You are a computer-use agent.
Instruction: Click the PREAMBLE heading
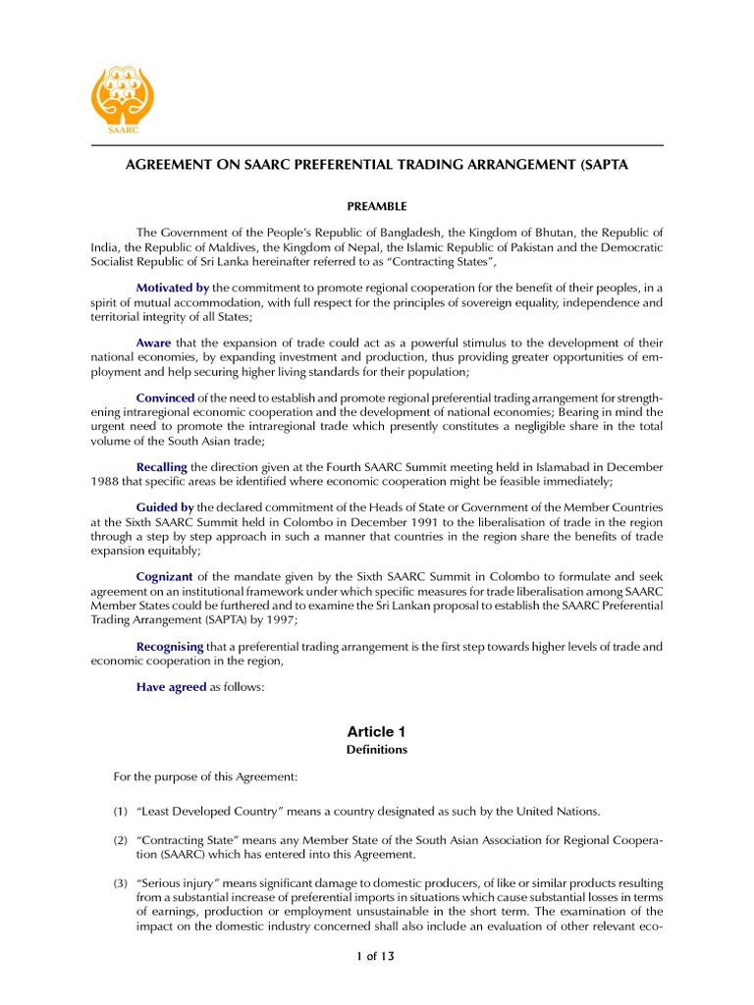[377, 207]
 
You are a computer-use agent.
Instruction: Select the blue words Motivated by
[173, 288]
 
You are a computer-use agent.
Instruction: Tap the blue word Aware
[153, 343]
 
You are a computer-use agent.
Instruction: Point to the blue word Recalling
[161, 466]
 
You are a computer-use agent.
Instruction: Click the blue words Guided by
[165, 507]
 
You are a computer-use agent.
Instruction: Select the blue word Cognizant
[164, 576]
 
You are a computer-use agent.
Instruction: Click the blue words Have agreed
[171, 687]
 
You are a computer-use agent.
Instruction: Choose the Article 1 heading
[376, 732]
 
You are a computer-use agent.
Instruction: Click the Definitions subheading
[376, 750]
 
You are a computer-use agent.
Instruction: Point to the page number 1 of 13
[376, 956]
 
